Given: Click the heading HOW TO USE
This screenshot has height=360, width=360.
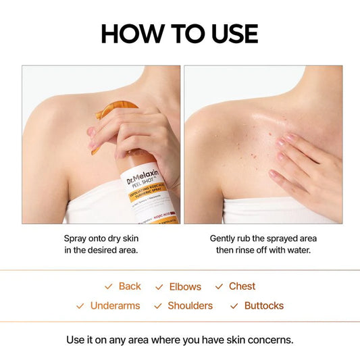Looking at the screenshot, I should click(x=180, y=33).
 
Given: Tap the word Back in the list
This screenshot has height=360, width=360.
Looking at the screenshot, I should click(x=130, y=286).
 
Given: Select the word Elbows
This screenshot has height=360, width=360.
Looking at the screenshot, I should click(x=186, y=286).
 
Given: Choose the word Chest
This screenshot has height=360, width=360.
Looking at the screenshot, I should click(x=242, y=286).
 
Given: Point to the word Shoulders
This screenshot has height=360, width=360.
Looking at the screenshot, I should click(x=190, y=306).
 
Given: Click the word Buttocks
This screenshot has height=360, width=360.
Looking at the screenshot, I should click(x=264, y=306).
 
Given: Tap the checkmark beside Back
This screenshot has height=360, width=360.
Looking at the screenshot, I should click(x=108, y=287).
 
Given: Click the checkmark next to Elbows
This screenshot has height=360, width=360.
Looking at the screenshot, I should click(x=159, y=287).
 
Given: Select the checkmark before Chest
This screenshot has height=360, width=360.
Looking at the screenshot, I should click(x=219, y=287).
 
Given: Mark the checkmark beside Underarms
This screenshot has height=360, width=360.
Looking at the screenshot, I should click(x=80, y=307).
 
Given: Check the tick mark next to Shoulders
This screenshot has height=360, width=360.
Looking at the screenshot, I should click(x=158, y=307).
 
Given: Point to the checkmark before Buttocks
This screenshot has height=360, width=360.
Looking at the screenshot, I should click(x=234, y=307).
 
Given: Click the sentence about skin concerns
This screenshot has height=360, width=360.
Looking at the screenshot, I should click(x=180, y=339).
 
